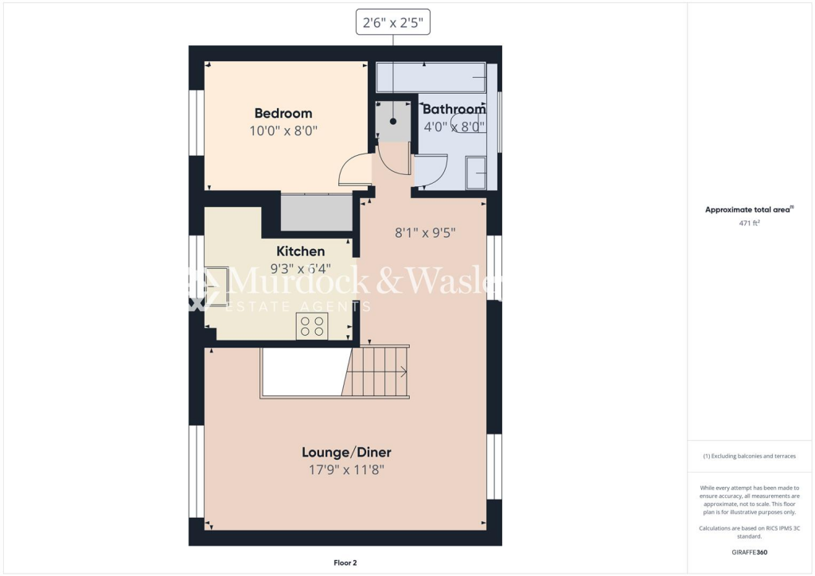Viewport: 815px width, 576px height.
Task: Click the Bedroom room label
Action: coord(283,113)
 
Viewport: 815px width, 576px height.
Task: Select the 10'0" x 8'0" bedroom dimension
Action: coord(283,131)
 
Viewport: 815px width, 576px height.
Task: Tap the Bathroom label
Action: coord(454,109)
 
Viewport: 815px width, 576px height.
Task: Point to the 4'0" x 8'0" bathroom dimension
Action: coord(454,126)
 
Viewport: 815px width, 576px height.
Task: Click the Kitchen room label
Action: coord(301,251)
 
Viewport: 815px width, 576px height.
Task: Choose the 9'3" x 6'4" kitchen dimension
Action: coord(301,268)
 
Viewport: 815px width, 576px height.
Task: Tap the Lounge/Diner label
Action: coord(346,452)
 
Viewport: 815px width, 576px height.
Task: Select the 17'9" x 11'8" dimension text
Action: coord(346,470)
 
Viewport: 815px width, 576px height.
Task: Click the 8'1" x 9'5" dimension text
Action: coord(425,233)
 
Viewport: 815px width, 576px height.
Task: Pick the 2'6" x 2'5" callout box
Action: coord(393,24)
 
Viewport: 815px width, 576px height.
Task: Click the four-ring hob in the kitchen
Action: coord(312,325)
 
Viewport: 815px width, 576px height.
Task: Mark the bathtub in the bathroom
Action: coord(431,78)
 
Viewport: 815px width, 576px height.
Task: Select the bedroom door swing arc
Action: coord(353,169)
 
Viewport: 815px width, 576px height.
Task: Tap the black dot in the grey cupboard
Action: coord(393,121)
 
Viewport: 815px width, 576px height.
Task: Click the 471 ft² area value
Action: coord(749,224)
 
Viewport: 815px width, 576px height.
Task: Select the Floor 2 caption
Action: coord(345,562)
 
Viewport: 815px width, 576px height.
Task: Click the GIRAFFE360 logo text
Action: coord(749,551)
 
